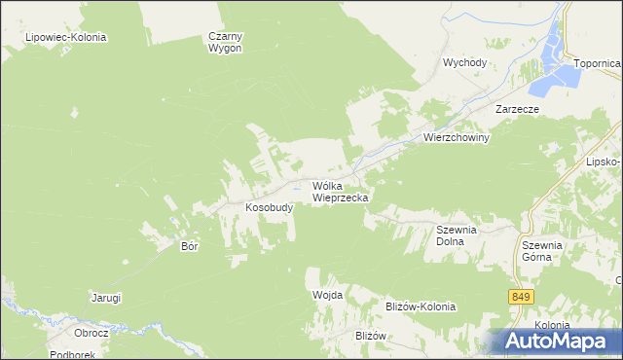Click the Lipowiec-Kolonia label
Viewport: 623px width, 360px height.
[x=67, y=37]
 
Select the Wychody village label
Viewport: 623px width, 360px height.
[x=464, y=62]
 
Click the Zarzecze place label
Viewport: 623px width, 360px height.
[x=517, y=110]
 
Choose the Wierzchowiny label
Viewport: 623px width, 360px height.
[x=456, y=138]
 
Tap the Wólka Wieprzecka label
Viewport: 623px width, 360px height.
[x=340, y=191]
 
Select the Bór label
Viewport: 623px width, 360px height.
[x=190, y=246]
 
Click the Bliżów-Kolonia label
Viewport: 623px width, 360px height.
[x=421, y=306]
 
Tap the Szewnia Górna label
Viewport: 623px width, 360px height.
[x=542, y=251]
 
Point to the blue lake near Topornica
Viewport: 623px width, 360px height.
[x=564, y=68]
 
